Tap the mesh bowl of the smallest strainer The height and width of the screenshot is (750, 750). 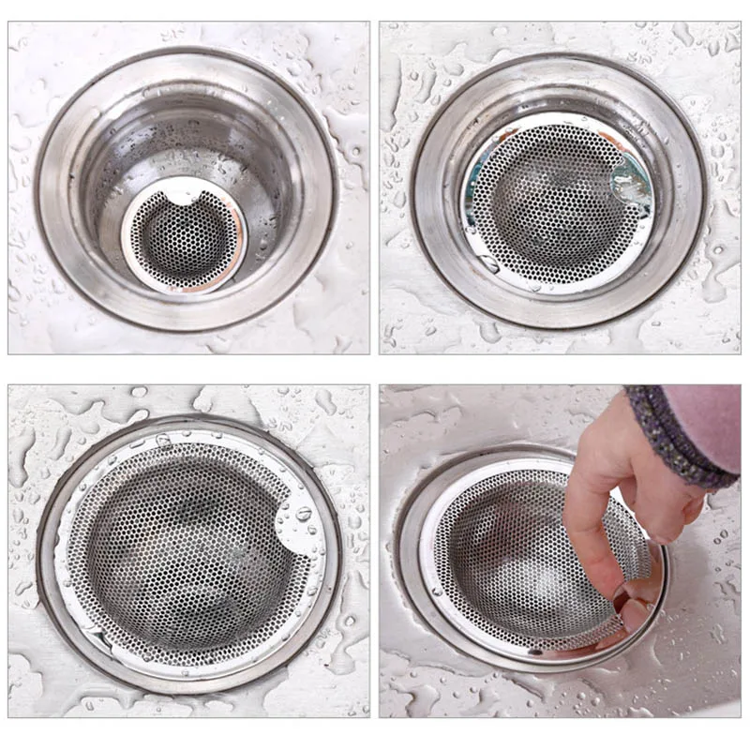[185, 242]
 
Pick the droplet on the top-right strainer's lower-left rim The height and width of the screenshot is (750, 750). [490, 265]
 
